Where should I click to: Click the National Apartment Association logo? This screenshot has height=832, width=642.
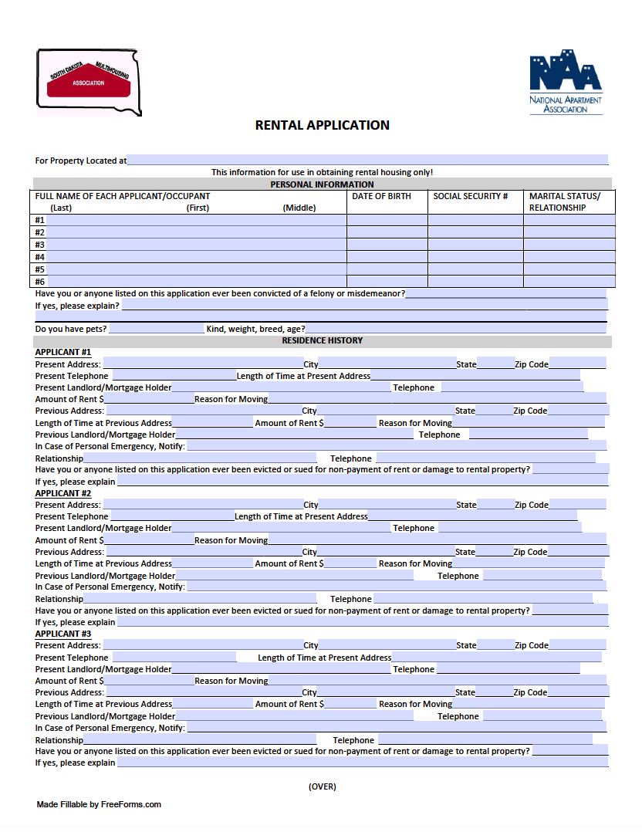tap(566, 82)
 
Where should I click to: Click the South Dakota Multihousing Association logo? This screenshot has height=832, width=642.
tap(89, 82)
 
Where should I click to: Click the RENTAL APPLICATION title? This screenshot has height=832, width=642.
tap(322, 125)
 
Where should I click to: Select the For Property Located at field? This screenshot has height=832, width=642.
tap(367, 161)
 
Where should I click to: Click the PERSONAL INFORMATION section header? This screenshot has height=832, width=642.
tap(322, 184)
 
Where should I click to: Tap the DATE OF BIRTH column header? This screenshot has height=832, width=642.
tap(381, 196)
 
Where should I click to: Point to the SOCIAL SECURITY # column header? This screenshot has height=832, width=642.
tap(471, 196)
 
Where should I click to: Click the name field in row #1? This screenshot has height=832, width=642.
tap(196, 220)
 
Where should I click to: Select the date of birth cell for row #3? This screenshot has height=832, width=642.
tap(387, 245)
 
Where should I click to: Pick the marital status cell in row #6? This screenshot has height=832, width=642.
tap(569, 282)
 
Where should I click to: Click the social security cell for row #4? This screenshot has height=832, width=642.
tap(475, 257)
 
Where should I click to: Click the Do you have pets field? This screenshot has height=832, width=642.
tap(156, 329)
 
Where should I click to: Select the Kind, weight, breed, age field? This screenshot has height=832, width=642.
tap(455, 329)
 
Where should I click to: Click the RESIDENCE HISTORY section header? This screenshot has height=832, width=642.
tap(322, 340)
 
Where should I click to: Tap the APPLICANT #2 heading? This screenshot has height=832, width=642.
tap(63, 493)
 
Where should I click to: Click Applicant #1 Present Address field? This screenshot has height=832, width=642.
tap(202, 364)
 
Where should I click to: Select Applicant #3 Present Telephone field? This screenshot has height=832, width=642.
tap(172, 658)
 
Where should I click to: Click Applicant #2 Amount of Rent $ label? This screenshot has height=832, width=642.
tap(69, 540)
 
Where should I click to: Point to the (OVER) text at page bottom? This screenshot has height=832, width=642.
tap(322, 786)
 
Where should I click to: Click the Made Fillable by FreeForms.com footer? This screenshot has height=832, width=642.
tap(99, 804)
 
